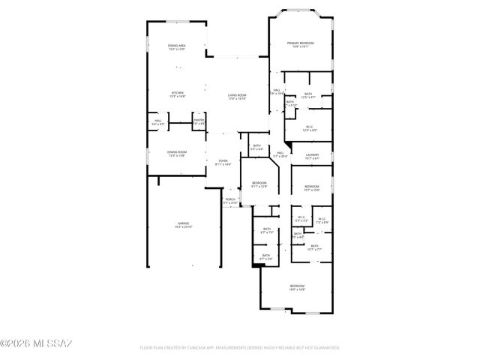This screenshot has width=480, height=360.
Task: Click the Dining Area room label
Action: click(x=177, y=47)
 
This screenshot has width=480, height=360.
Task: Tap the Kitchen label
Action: click(x=177, y=94)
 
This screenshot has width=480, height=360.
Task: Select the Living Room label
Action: click(x=237, y=96)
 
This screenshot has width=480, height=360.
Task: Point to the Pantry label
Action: click(x=199, y=121)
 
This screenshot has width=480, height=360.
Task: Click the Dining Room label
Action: click(x=177, y=153)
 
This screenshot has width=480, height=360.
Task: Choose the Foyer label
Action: click(x=223, y=161)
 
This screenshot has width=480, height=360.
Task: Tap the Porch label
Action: click(x=230, y=200)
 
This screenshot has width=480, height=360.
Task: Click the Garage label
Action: click(x=182, y=224)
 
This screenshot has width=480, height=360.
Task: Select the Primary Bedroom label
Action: click(x=301, y=44)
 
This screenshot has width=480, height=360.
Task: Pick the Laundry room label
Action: click(x=312, y=156)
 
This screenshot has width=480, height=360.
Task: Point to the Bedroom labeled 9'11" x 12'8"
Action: click(x=259, y=184)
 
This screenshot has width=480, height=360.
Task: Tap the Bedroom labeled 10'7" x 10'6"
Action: click(x=311, y=187)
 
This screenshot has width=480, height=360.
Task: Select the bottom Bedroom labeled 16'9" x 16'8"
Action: click(x=298, y=287)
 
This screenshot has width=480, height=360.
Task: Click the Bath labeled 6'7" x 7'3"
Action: click(x=266, y=231)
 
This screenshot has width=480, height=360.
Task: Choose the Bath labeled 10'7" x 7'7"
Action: click(x=314, y=247)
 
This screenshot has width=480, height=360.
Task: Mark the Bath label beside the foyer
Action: click(x=256, y=147)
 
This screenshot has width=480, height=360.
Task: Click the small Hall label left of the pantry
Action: click(x=158, y=121)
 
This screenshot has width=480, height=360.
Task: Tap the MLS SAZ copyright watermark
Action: click(x=35, y=344)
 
